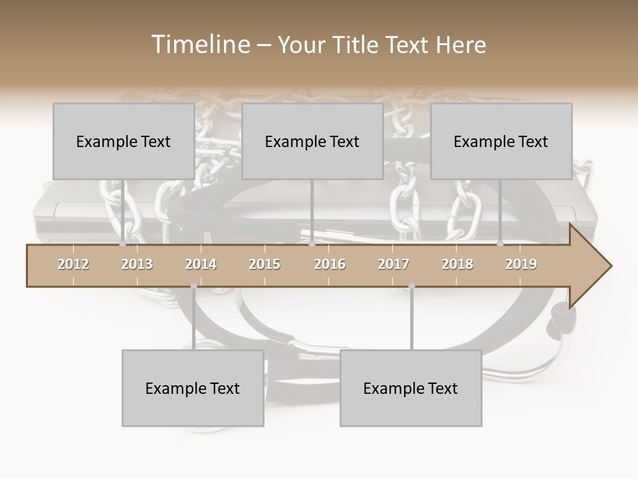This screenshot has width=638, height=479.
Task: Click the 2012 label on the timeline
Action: coord(73,264)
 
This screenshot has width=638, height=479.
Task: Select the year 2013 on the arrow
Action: coord(137,264)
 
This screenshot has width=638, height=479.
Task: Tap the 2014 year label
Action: coord(201,264)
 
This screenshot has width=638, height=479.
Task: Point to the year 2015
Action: coord(265,264)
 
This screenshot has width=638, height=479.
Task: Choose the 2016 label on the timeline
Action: coord(330,264)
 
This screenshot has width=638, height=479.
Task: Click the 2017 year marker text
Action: coord(393,264)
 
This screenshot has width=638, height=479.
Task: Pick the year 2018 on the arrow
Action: coord(457,264)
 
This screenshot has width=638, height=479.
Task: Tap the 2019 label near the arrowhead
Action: coord(521,264)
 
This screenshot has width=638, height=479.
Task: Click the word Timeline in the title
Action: coord(199,45)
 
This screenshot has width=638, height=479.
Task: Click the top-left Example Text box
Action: coord(124,141)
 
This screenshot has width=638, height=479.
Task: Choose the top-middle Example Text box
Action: coord(312,141)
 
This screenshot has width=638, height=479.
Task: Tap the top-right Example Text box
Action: coord(501,141)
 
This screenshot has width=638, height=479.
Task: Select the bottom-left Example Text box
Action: coord(193,388)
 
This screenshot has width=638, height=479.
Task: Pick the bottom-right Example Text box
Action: coord(411,388)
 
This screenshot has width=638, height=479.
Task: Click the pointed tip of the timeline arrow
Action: coord(610,266)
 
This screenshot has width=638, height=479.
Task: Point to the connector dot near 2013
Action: coord(122,244)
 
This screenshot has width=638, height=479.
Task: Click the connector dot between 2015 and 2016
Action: coord(312,244)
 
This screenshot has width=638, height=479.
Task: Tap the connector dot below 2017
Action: coord(411,287)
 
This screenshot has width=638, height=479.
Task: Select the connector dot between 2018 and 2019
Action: coord(500,244)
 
